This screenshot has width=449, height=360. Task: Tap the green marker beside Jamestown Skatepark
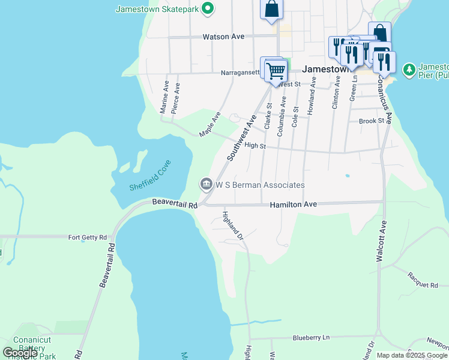pyautogui.click(x=208, y=8)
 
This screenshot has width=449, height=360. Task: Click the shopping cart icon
pyautogui.click(x=276, y=71)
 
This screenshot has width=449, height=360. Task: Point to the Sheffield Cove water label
pyautogui.click(x=150, y=175)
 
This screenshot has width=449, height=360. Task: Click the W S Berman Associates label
pyautogui.click(x=261, y=185)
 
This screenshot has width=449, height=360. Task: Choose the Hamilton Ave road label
pyautogui.click(x=293, y=205)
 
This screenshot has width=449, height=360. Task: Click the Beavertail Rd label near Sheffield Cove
pyautogui.click(x=175, y=205)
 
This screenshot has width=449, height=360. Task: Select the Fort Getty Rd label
pyautogui.click(x=87, y=237)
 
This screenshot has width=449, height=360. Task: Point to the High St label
pyautogui.click(x=255, y=145)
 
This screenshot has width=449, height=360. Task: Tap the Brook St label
pyautogui.click(x=371, y=121)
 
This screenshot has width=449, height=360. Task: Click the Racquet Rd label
pyautogui.click(x=423, y=280)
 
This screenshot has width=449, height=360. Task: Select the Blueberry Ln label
pyautogui.click(x=311, y=338)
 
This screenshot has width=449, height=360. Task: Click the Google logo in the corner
pyautogui.click(x=20, y=353)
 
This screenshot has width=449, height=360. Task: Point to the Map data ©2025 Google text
pyautogui.click(x=412, y=355)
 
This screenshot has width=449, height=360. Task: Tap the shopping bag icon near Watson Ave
pyautogui.click(x=271, y=9)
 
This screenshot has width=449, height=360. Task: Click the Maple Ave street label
pyautogui.click(x=210, y=124)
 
